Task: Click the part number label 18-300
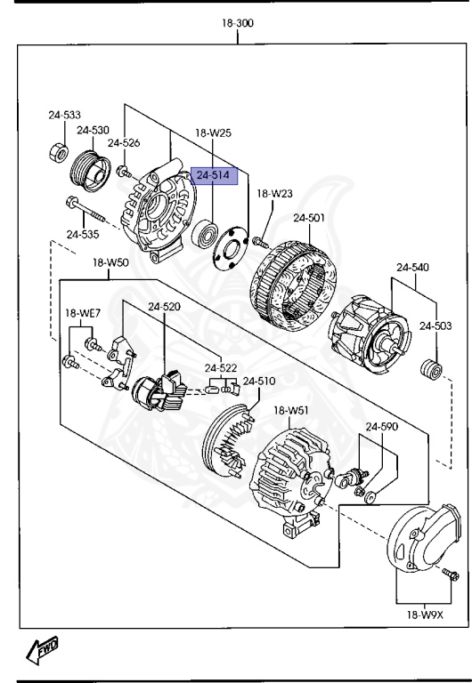pyautogui.click(x=237, y=24)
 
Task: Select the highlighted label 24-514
pyautogui.click(x=212, y=176)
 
